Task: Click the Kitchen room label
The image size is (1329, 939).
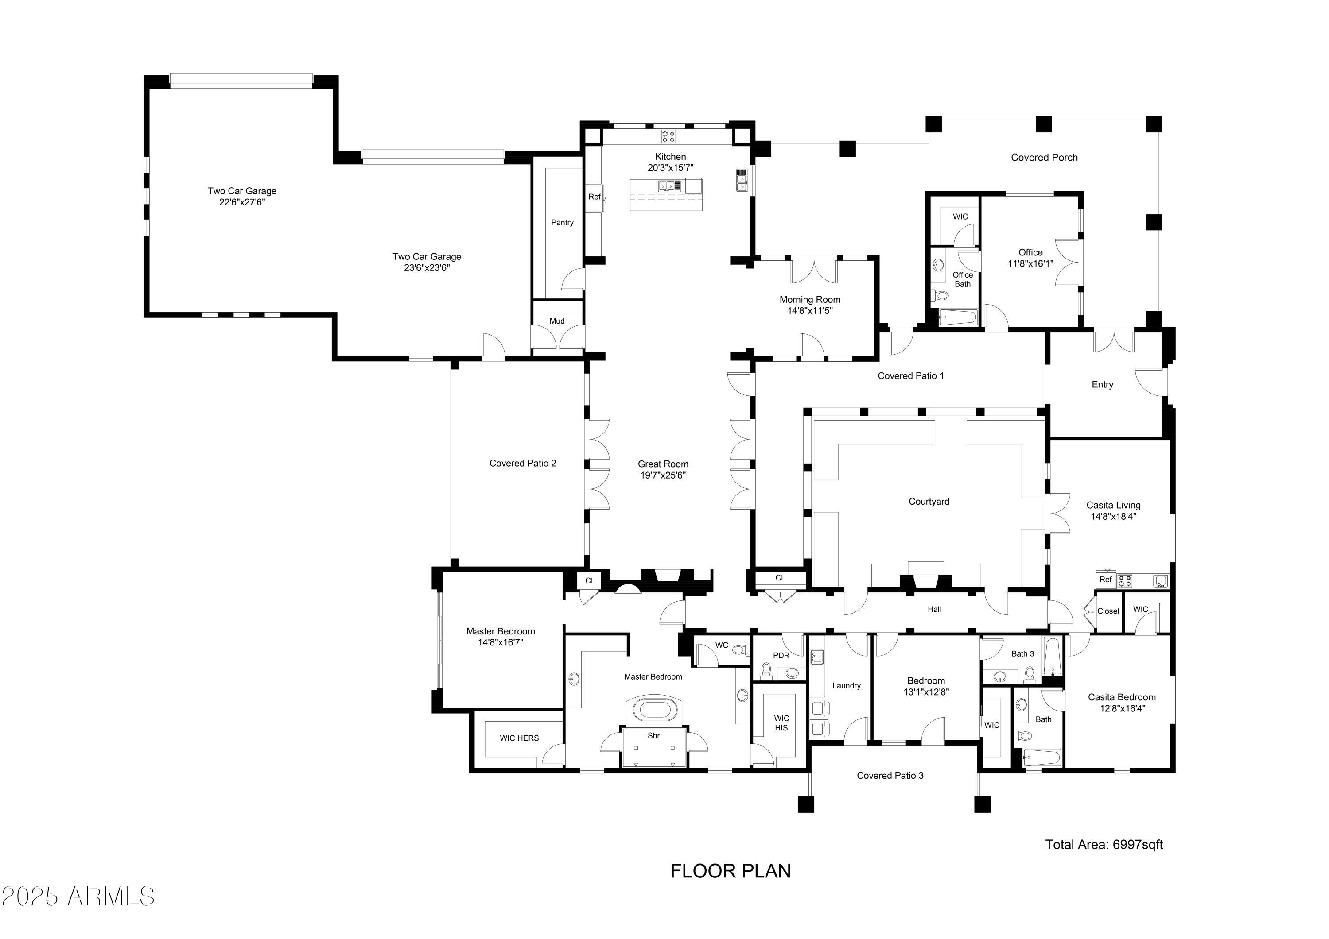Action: tap(670, 157)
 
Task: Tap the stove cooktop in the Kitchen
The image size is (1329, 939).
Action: tap(668, 136)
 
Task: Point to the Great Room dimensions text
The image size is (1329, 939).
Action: tap(663, 475)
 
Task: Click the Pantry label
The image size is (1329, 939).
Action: tap(562, 223)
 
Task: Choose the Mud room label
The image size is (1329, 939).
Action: tap(557, 321)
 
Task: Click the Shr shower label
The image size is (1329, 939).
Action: tap(653, 736)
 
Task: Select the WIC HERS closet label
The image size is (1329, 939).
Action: tap(519, 738)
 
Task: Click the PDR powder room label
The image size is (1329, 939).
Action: tap(781, 656)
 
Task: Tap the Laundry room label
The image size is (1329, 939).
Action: tap(846, 686)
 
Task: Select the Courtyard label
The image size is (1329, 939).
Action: tap(929, 502)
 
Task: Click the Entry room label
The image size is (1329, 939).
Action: tap(1102, 385)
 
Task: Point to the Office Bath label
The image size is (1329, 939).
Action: tap(963, 279)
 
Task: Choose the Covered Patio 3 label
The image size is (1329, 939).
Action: tap(890, 775)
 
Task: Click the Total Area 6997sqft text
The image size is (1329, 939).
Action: tap(1104, 845)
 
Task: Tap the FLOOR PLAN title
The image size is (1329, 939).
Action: tap(731, 871)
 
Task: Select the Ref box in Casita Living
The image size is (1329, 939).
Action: tap(1106, 580)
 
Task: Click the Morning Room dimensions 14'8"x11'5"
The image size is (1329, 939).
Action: tap(810, 311)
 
